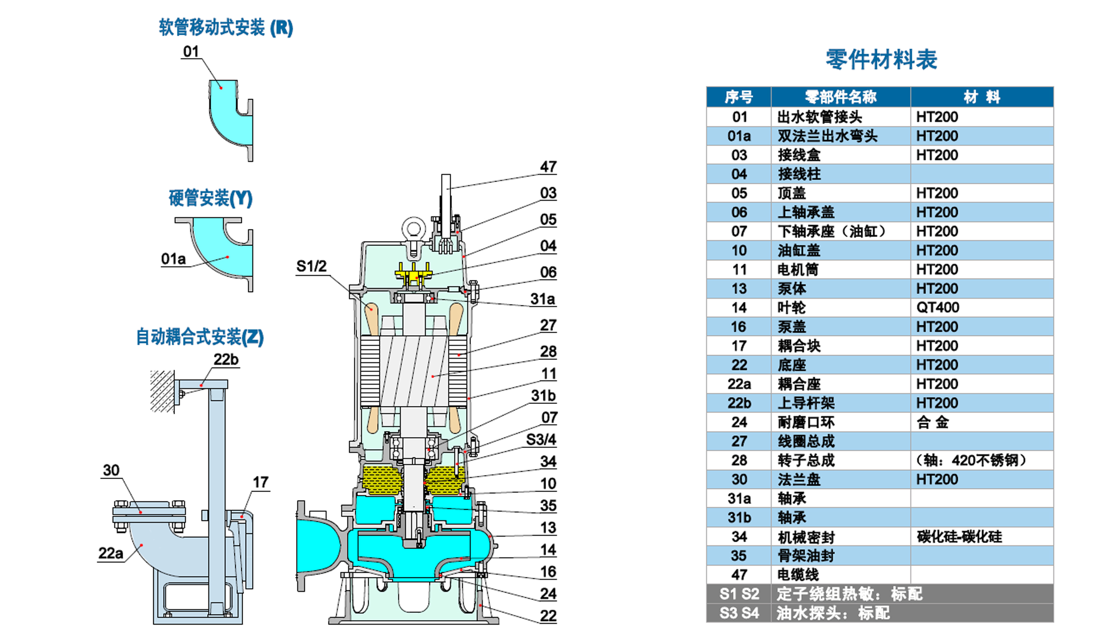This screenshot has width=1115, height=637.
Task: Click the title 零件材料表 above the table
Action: pyautogui.click(x=881, y=60)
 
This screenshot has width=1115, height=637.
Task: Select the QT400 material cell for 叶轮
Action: pyautogui.click(x=937, y=308)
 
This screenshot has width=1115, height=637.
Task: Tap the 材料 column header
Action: pyautogui.click(x=981, y=97)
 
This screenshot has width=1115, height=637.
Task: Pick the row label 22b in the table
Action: pyautogui.click(x=739, y=403)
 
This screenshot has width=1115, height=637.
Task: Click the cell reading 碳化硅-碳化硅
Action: pyautogui.click(x=959, y=536)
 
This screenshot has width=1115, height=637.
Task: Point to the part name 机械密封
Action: pyautogui.click(x=806, y=537)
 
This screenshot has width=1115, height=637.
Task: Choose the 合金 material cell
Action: pyautogui.click(x=932, y=422)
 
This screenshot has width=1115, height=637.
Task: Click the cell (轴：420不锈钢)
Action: pyautogui.click(x=971, y=460)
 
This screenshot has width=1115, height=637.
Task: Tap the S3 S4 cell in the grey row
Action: pyautogui.click(x=739, y=613)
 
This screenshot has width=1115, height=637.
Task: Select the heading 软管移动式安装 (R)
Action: pyautogui.click(x=225, y=28)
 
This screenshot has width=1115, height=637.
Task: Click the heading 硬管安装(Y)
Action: pyautogui.click(x=210, y=198)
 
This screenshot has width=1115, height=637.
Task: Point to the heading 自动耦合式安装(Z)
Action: pyautogui.click(x=200, y=337)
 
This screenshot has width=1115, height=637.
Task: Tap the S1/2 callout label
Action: pyautogui.click(x=311, y=266)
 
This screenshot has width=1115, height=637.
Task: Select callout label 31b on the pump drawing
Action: pyautogui.click(x=543, y=395)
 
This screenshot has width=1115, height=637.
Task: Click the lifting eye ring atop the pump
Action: pyautogui.click(x=414, y=229)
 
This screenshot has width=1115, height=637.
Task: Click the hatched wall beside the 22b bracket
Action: pyautogui.click(x=162, y=391)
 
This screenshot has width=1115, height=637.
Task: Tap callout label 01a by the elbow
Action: pyautogui.click(x=173, y=259)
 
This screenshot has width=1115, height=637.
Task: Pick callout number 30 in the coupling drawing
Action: pyautogui.click(x=111, y=470)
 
